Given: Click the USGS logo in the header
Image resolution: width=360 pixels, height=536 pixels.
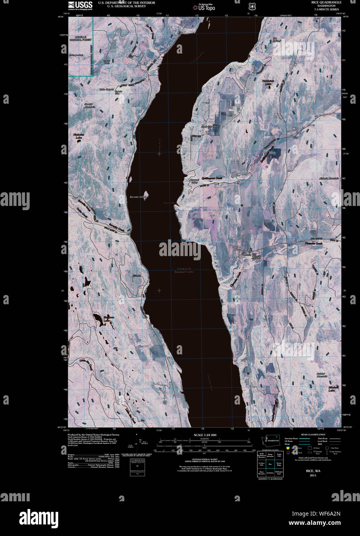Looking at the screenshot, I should (80, 5).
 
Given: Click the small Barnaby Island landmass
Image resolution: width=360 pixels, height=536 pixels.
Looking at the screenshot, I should (146, 194).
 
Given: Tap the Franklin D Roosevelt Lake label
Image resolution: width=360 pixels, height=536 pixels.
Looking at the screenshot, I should (185, 270).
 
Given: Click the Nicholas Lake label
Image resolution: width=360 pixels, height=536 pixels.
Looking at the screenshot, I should (78, 136).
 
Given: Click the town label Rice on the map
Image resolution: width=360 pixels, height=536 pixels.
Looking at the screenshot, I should (237, 250).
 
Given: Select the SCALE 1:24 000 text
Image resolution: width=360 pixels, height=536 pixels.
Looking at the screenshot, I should (205, 435).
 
